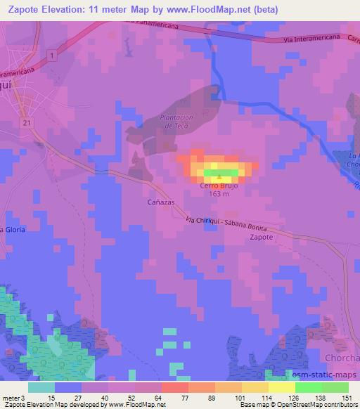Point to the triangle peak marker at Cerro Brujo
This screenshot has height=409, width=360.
coord(221,177)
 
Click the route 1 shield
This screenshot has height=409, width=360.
coord(51,54)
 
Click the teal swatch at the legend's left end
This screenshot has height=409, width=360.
coord(41,387)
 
